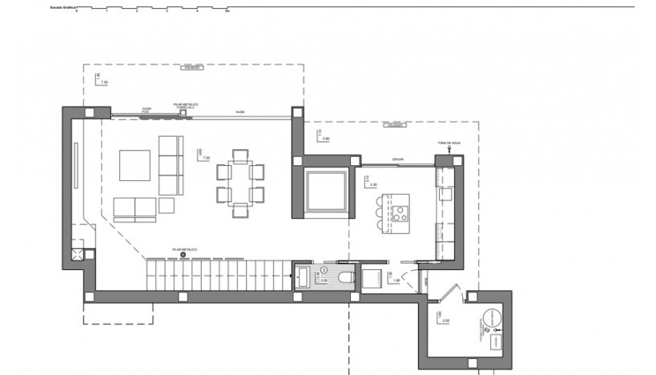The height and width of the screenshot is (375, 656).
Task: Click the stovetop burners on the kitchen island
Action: pyautogui.click(x=398, y=213)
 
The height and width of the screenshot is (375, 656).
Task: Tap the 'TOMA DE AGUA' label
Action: pyautogui.click(x=449, y=143)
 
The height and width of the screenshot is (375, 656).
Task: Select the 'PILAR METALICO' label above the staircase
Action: pyautogui.click(x=184, y=249)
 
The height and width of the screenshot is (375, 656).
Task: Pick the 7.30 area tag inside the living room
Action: pyautogui.click(x=205, y=158)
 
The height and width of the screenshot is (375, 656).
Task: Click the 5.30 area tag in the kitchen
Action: pyautogui.click(x=372, y=184)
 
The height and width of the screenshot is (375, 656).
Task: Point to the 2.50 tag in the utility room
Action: pyautogui.click(x=445, y=320)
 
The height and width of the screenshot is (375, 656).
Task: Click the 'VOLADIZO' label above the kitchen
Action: pyautogui.click(x=393, y=125)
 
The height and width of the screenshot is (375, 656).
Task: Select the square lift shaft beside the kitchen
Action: pyautogui.click(x=326, y=192)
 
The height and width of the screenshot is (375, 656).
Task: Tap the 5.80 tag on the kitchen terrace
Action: pyautogui.click(x=325, y=139)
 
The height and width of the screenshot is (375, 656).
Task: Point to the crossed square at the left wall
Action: pyautogui.click(x=77, y=255)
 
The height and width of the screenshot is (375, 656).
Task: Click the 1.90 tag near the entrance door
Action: pyautogui.click(x=396, y=280)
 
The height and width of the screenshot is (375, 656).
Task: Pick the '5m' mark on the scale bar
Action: pyautogui.click(x=227, y=12)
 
